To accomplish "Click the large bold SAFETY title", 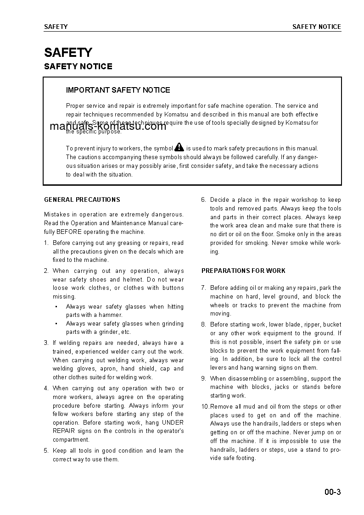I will [x=68, y=52].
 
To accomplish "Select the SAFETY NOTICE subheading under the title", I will [x=78, y=66].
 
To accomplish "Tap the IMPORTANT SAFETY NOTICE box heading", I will [x=118, y=90].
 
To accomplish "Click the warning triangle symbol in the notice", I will [x=179, y=148].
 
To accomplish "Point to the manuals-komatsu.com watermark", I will [x=107, y=127].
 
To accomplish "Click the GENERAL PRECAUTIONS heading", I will [x=82, y=199].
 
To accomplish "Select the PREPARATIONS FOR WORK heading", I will [x=243, y=271].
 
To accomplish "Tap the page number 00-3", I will [x=332, y=493].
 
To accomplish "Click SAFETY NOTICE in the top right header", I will [x=317, y=27].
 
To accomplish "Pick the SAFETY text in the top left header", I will [x=56, y=27].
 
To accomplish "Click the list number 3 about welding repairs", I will [x=46, y=343].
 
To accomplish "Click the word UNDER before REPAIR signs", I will [x=173, y=422].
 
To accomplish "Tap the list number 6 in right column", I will [x=203, y=199].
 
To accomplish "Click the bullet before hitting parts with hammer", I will [x=56, y=307].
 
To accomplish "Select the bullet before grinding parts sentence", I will [x=56, y=324].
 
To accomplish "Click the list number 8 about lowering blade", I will [x=203, y=324].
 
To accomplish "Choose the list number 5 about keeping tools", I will [x=46, y=450].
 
